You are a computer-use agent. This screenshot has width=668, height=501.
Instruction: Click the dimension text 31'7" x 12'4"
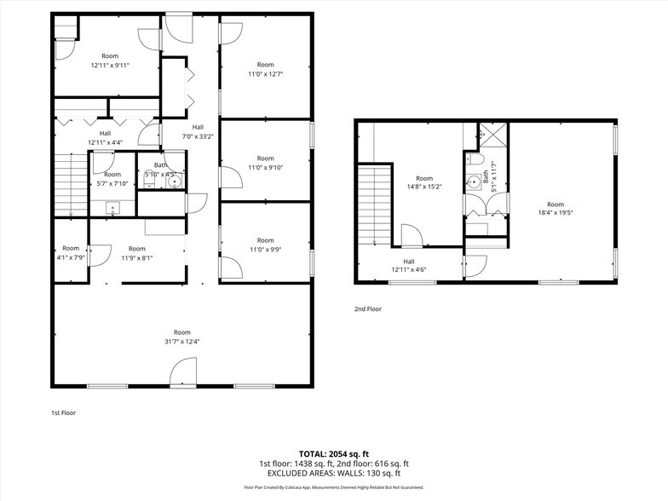coord(182,342)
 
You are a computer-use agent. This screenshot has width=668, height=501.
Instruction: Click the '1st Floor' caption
coord(63,412)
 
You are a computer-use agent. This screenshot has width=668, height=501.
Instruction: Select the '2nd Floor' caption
coord(368,309)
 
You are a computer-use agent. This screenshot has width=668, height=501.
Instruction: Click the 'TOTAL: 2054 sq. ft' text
coord(334,453)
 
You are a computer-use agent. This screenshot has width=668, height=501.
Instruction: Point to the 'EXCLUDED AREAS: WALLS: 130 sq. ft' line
coord(334,473)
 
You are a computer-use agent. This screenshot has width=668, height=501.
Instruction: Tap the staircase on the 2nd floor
coord(373,205)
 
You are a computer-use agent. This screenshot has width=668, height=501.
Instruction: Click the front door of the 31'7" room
coord(183,372)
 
